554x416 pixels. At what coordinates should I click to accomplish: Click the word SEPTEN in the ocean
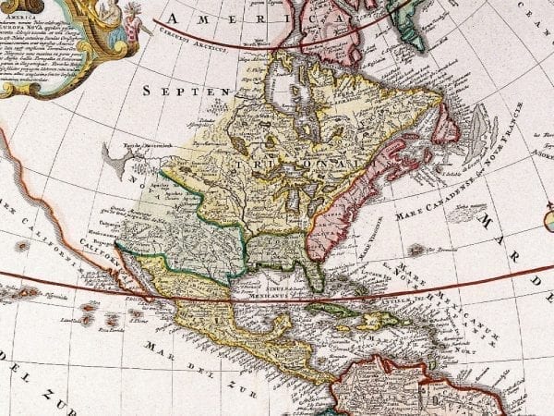(x=184, y=91)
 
